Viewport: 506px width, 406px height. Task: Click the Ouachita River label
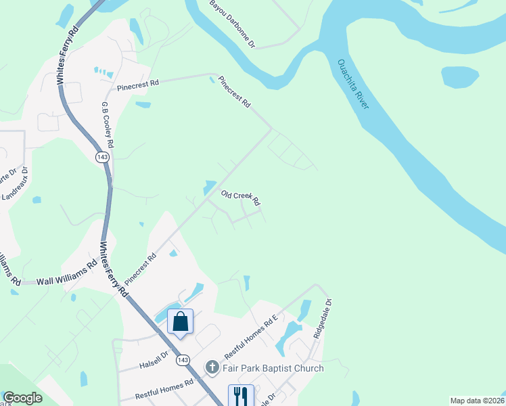[352, 85]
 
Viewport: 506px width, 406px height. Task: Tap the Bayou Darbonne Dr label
[232, 24]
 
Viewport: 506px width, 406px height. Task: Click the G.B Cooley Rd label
[107, 126]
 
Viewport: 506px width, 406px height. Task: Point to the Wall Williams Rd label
[67, 279]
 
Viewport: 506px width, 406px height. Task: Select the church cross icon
[212, 368]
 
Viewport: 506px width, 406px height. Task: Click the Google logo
[22, 398]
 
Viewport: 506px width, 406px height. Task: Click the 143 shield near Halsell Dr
[182, 360]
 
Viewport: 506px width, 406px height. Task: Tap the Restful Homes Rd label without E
[164, 388]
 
